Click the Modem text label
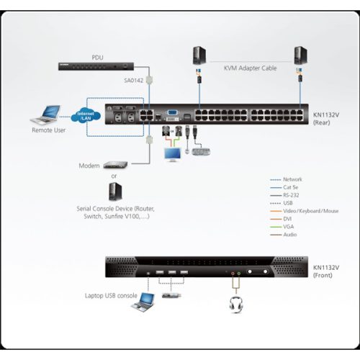90,165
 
